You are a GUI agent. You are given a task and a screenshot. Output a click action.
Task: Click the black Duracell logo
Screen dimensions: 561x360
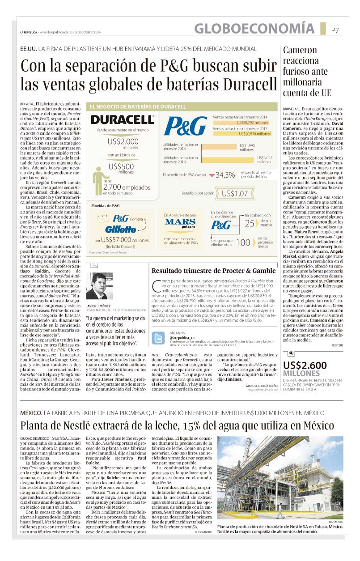coord(122,119)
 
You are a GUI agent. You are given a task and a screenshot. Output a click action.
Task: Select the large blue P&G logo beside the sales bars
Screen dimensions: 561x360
coord(185,126)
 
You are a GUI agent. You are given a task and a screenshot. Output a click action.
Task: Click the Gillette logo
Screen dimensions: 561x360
coord(121,229)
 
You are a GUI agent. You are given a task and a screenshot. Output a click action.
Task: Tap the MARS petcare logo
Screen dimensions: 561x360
coord(180,222)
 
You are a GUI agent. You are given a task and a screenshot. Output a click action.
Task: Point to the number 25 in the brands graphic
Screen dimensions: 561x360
coord(250,223)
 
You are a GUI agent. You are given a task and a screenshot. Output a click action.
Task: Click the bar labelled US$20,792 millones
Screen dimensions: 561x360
coord(253,122)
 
